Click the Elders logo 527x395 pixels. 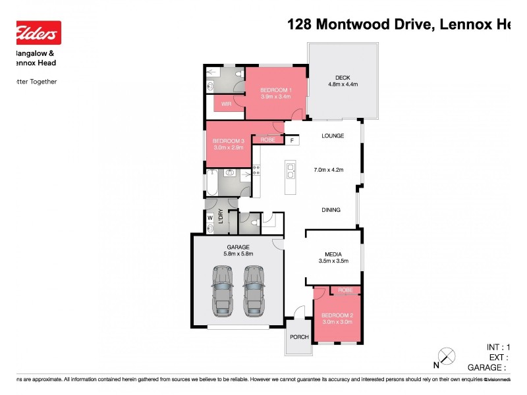tap(38, 32)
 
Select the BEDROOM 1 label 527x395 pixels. tap(275, 90)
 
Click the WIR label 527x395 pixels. tap(226, 104)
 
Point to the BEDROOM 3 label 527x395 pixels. tap(228, 140)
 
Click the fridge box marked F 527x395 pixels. tap(292, 140)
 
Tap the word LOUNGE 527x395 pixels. tap(333, 136)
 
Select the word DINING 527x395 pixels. tap(331, 210)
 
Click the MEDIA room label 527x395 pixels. tap(332, 254)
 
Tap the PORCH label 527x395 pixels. tap(300, 337)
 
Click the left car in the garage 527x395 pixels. tap(222, 290)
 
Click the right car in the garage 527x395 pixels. tap(253, 290)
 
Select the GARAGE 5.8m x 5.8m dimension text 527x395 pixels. tap(238, 253)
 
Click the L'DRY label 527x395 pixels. tap(221, 221)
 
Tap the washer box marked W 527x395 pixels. tap(210, 218)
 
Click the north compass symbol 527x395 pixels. tap(447, 356)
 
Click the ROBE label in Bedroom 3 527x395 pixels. tap(267, 140)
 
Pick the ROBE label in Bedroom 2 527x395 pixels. tap(345, 290)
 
